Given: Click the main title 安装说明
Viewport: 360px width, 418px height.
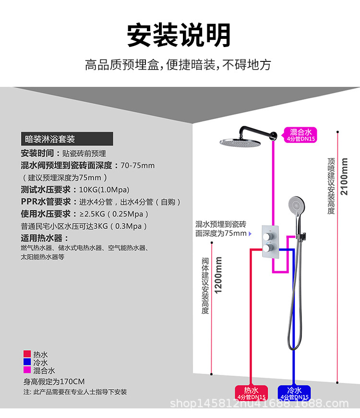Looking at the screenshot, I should click(179, 35).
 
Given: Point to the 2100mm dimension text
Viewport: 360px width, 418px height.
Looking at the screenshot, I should click(344, 176).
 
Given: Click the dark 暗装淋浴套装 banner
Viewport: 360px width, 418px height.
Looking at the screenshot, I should click(67, 139).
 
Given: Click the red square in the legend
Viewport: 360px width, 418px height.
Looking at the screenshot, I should click(27, 354).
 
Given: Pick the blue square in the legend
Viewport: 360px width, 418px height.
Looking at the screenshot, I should click(27, 362).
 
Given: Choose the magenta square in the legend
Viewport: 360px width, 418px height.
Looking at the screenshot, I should click(27, 370).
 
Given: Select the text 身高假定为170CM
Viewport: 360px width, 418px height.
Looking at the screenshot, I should click(54, 382).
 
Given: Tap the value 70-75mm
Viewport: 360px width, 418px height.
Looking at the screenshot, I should click(137, 166).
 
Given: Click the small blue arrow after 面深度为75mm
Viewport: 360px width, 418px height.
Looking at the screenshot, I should click(250, 234).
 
